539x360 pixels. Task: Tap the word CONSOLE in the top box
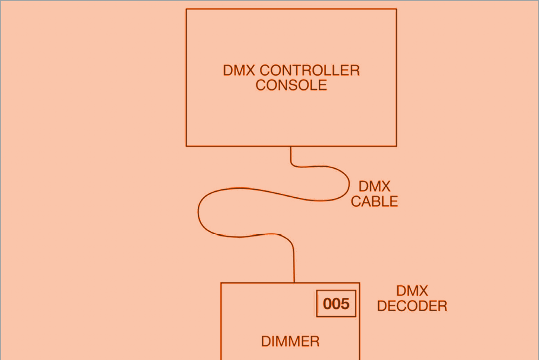click(x=291, y=85)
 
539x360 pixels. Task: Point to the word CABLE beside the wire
click(x=374, y=202)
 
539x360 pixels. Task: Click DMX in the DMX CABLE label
click(x=374, y=186)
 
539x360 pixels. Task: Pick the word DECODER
click(x=412, y=306)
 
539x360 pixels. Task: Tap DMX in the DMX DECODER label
click(x=412, y=291)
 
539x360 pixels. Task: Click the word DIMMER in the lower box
click(x=290, y=341)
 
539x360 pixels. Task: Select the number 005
click(x=336, y=304)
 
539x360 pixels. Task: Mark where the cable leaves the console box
click(x=291, y=146)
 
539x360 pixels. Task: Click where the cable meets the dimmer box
click(x=294, y=282)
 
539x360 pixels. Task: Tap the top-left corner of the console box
click(x=186, y=9)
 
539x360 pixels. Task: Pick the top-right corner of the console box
click(x=396, y=9)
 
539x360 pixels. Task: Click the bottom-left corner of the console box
click(x=186, y=146)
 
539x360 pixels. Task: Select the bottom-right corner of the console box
click(x=396, y=146)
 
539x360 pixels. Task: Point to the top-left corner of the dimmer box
click(x=221, y=283)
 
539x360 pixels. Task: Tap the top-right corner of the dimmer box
click(x=359, y=283)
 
